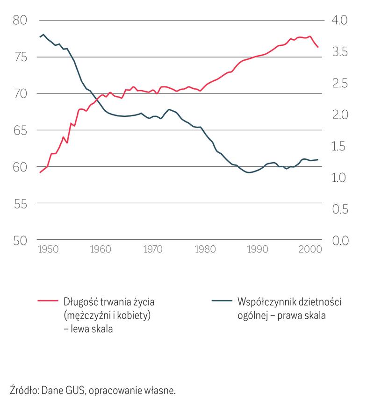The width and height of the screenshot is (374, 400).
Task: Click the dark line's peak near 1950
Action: tap(43, 34)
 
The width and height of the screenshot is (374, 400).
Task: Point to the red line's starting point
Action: tap(40, 172)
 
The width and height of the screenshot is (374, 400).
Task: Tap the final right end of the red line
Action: tap(318, 47)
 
